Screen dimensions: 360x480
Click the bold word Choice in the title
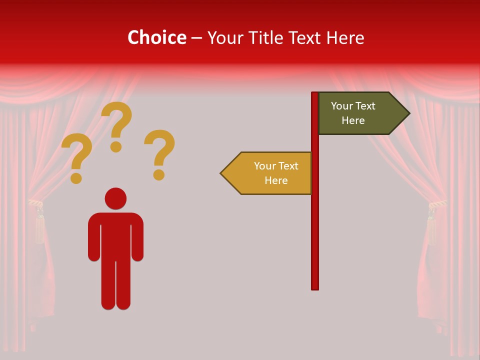(156, 37)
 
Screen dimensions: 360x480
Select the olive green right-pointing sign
(360, 113)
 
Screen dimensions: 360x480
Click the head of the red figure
(115, 198)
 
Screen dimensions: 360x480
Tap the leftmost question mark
(76, 155)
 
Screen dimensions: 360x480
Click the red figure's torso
(115, 235)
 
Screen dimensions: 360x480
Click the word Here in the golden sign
(276, 180)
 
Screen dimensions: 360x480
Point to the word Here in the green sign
(353, 120)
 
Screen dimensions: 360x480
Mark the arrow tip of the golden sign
(222, 173)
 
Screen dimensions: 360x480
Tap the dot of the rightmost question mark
(159, 174)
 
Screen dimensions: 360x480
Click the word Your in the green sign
(342, 106)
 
